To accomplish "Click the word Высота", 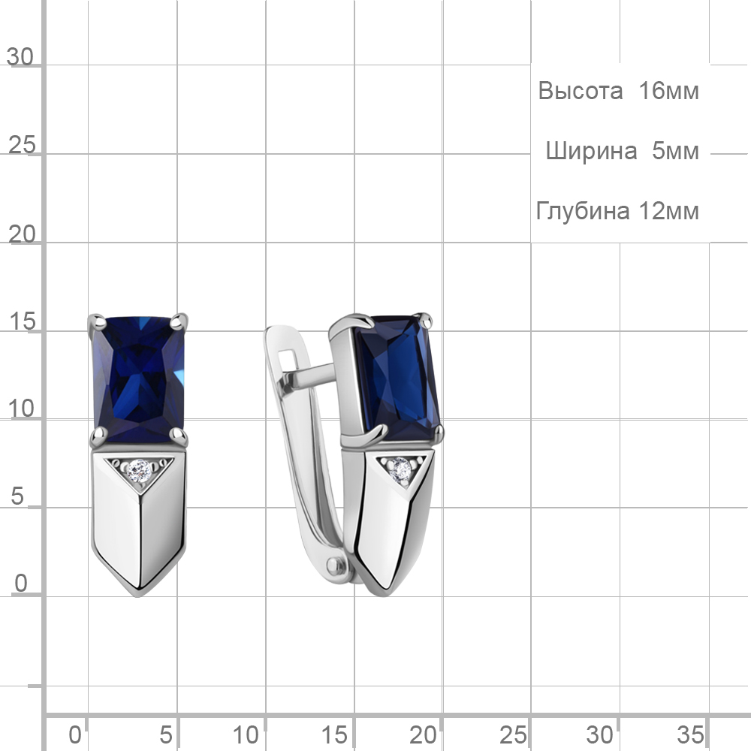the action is (580, 91).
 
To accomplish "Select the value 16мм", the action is (668, 91).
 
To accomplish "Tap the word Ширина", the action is (591, 152).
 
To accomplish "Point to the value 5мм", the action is (675, 152).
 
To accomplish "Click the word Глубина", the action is (583, 211).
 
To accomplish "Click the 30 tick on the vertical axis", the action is (20, 57).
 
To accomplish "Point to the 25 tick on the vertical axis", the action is (22, 145).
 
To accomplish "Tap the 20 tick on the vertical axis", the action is (22, 234).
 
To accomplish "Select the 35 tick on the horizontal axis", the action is (690, 734).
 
